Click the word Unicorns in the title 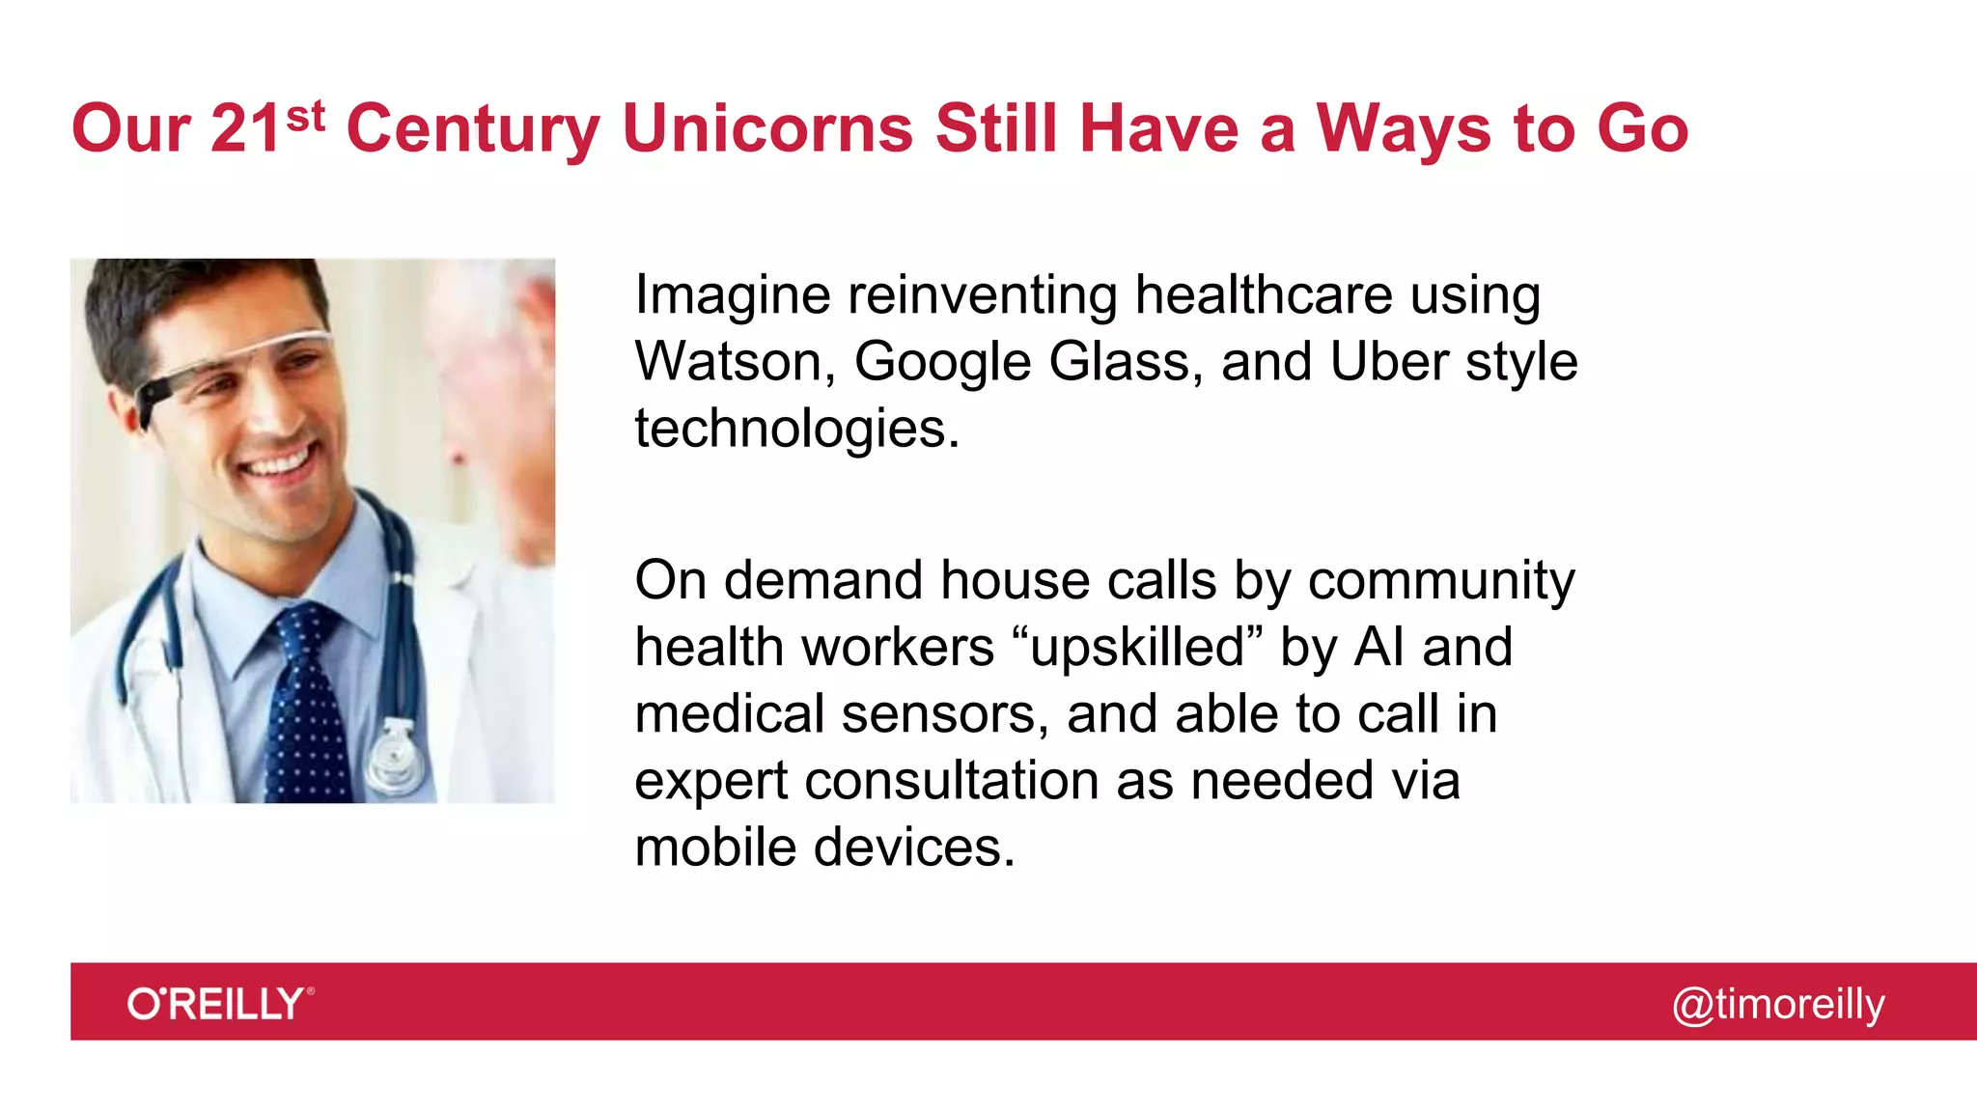click(x=767, y=128)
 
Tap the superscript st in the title click(x=305, y=117)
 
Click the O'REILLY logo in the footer click(x=220, y=1004)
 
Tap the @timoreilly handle click(x=1777, y=1004)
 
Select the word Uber click(x=1388, y=362)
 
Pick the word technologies click(x=796, y=429)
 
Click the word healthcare click(x=1263, y=294)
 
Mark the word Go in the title click(x=1642, y=128)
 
